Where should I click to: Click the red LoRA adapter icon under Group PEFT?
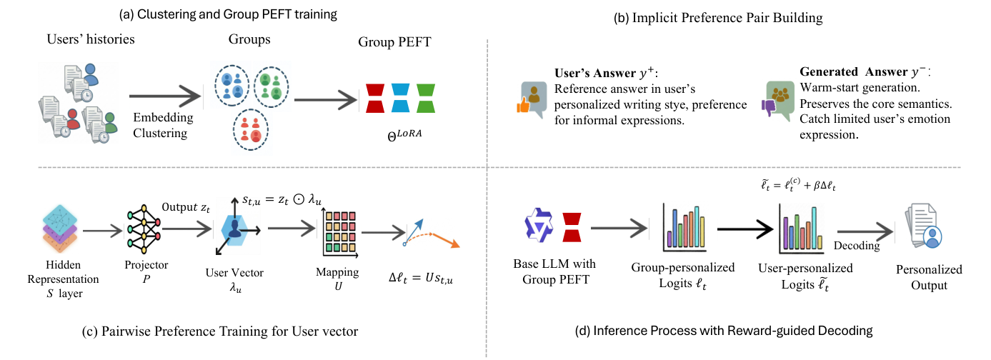pyautogui.click(x=374, y=98)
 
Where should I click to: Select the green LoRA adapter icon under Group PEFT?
pyautogui.click(x=426, y=98)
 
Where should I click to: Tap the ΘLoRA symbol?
pyautogui.click(x=404, y=135)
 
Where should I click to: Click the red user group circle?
pyautogui.click(x=251, y=130)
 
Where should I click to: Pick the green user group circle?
pyautogui.click(x=272, y=87)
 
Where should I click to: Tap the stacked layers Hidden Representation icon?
pyautogui.click(x=60, y=229)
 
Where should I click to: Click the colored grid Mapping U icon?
pyautogui.click(x=340, y=233)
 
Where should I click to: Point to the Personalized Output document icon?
pyautogui.click(x=923, y=226)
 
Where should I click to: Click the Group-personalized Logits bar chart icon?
pyautogui.click(x=684, y=227)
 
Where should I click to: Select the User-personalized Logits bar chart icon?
pyautogui.click(x=801, y=229)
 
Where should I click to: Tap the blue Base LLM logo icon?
pyautogui.click(x=539, y=225)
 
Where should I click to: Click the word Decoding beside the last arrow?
pyautogui.click(x=857, y=246)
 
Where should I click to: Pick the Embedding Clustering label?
pyautogui.click(x=163, y=125)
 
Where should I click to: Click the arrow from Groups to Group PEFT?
pyautogui.click(x=326, y=100)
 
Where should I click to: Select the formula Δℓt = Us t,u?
pyautogui.click(x=421, y=278)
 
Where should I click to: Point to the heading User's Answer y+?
pyautogui.click(x=606, y=73)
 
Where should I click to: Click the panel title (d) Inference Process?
pyautogui.click(x=724, y=331)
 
